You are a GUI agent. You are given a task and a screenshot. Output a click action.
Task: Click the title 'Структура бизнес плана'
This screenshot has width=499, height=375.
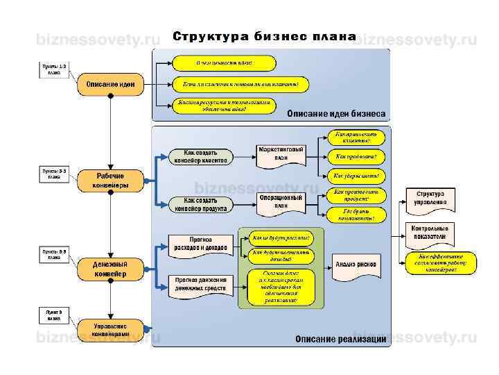264,37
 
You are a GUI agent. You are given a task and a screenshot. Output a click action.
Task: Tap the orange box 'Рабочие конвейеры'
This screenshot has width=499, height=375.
110,181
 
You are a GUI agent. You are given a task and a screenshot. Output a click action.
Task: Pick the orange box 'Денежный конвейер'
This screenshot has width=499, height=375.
110,269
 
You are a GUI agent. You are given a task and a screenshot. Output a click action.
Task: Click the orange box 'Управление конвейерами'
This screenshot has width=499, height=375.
110,328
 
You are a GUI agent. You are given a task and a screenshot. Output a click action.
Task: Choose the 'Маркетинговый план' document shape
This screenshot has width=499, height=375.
281,153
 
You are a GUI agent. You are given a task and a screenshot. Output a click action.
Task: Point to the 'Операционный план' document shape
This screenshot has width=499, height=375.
281,201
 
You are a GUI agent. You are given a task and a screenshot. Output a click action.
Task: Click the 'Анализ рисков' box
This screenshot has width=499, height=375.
356,264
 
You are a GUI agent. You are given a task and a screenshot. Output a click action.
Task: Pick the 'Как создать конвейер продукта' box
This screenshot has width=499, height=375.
200,203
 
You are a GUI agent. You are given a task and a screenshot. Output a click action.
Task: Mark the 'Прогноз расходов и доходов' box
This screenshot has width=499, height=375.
200,244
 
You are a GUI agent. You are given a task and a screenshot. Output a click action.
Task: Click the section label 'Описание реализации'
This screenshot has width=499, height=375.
340,339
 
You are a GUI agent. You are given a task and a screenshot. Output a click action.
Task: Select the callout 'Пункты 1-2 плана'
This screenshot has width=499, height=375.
53,68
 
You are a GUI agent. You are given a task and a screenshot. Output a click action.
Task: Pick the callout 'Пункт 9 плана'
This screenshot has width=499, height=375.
53,316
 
